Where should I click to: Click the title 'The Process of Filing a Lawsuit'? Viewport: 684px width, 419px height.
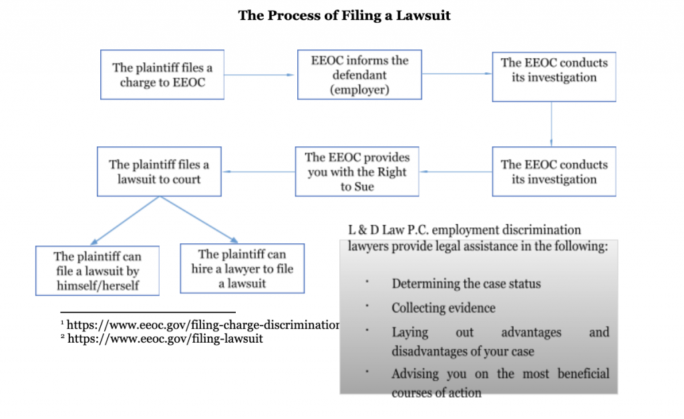coord(344,16)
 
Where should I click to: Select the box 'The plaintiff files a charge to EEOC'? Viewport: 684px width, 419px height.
coord(162,75)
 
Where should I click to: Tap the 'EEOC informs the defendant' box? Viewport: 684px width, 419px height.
coord(359,75)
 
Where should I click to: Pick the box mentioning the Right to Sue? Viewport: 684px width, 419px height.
coord(357,172)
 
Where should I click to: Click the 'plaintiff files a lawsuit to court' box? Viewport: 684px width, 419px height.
coord(159,172)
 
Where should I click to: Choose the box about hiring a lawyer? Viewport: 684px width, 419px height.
coord(242,269)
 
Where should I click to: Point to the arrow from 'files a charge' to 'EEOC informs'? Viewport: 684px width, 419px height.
coord(260,75)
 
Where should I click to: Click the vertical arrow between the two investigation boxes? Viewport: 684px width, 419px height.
coord(551,124)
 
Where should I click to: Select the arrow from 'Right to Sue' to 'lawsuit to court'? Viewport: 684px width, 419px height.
coord(259,172)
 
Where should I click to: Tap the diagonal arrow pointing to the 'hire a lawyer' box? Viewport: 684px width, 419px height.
coord(199,219)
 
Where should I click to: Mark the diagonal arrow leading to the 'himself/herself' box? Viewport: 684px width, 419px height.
coord(125,221)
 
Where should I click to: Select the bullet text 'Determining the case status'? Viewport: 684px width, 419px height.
coord(466,284)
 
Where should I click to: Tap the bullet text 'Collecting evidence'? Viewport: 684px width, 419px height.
coord(444,308)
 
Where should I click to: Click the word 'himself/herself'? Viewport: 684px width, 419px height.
coord(98,285)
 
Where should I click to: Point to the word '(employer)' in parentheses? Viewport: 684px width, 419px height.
coord(359,90)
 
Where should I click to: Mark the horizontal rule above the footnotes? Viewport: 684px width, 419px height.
coord(148,312)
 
